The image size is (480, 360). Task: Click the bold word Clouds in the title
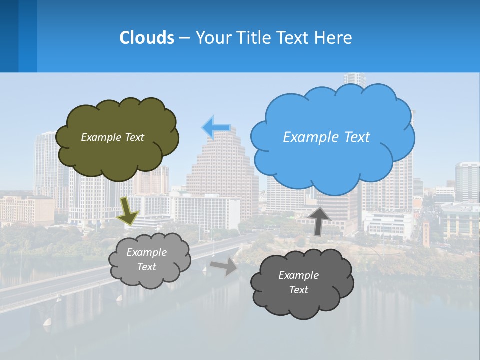147,38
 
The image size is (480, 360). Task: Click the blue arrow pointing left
215,127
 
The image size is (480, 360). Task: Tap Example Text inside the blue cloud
326,137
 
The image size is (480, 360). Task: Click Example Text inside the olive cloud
112,137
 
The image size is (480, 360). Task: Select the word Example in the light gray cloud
146,252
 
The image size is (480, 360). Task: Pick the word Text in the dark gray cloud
298,290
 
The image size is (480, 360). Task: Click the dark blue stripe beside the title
9,36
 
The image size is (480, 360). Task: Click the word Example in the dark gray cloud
298,275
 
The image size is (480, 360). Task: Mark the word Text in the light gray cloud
146,267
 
